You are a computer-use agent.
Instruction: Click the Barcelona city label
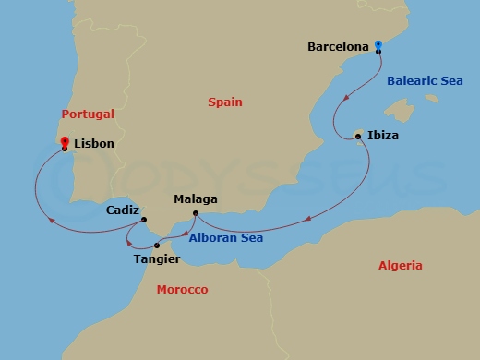coord(338,45)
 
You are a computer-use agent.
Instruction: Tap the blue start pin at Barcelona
coord(378,44)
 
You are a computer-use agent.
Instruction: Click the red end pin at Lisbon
coord(64,142)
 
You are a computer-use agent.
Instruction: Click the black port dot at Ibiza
coord(358,138)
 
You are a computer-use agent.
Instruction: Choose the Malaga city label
coord(196,198)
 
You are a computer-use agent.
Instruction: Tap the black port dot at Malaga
coord(196,214)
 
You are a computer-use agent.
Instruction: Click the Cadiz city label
coord(123,210)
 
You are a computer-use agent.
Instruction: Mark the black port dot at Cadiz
coord(144,219)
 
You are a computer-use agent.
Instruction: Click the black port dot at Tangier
coord(157,246)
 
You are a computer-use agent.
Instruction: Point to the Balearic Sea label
coord(425,81)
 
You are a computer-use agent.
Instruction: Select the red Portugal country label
coord(88,114)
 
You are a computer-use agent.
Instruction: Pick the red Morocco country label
coord(182,290)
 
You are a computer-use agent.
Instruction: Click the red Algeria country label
coord(401,266)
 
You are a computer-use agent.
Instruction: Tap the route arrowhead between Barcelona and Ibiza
coord(345,97)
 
